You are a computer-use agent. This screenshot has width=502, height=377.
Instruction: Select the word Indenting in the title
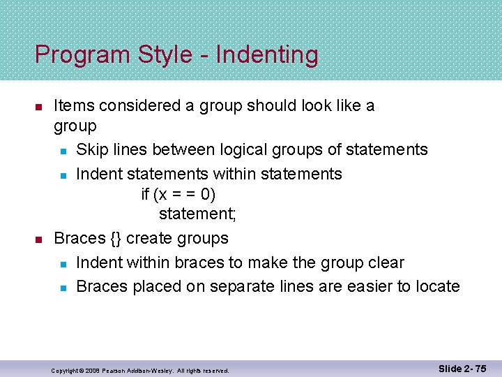click(267, 56)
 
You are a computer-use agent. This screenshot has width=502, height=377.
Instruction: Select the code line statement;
click(188, 214)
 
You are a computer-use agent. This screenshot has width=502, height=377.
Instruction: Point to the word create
click(147, 238)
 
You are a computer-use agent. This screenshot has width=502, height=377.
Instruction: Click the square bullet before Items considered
click(40, 108)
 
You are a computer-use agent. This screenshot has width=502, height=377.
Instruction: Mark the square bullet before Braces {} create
click(40, 239)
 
